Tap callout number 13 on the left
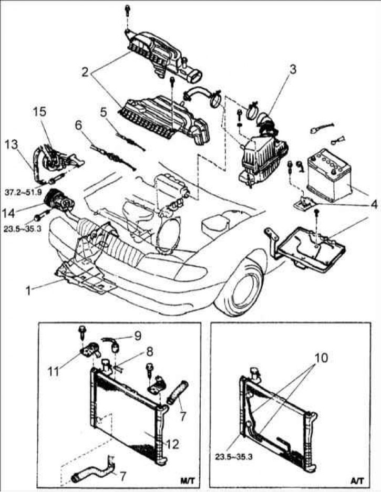pyautogui.click(x=12, y=144)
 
